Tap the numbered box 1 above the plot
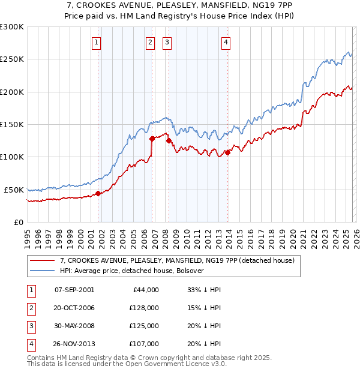pyautogui.click(x=97, y=42)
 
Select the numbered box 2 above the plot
pyautogui.click(x=149, y=42)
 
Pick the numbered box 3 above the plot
pyautogui.click(x=166, y=42)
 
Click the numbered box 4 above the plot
pyautogui.click(x=226, y=42)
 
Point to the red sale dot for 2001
pyautogui.click(x=98, y=193)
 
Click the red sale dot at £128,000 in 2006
pyautogui.click(x=152, y=139)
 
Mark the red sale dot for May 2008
pyautogui.click(x=169, y=140)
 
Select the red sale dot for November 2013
pyautogui.click(x=228, y=152)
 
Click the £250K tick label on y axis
pyautogui.click(x=12, y=59)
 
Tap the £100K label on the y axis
pyautogui.click(x=12, y=157)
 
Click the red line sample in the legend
pyautogui.click(x=42, y=261)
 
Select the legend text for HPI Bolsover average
pyautogui.click(x=133, y=271)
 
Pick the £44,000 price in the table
pyautogui.click(x=144, y=290)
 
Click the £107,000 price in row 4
pyautogui.click(x=144, y=344)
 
